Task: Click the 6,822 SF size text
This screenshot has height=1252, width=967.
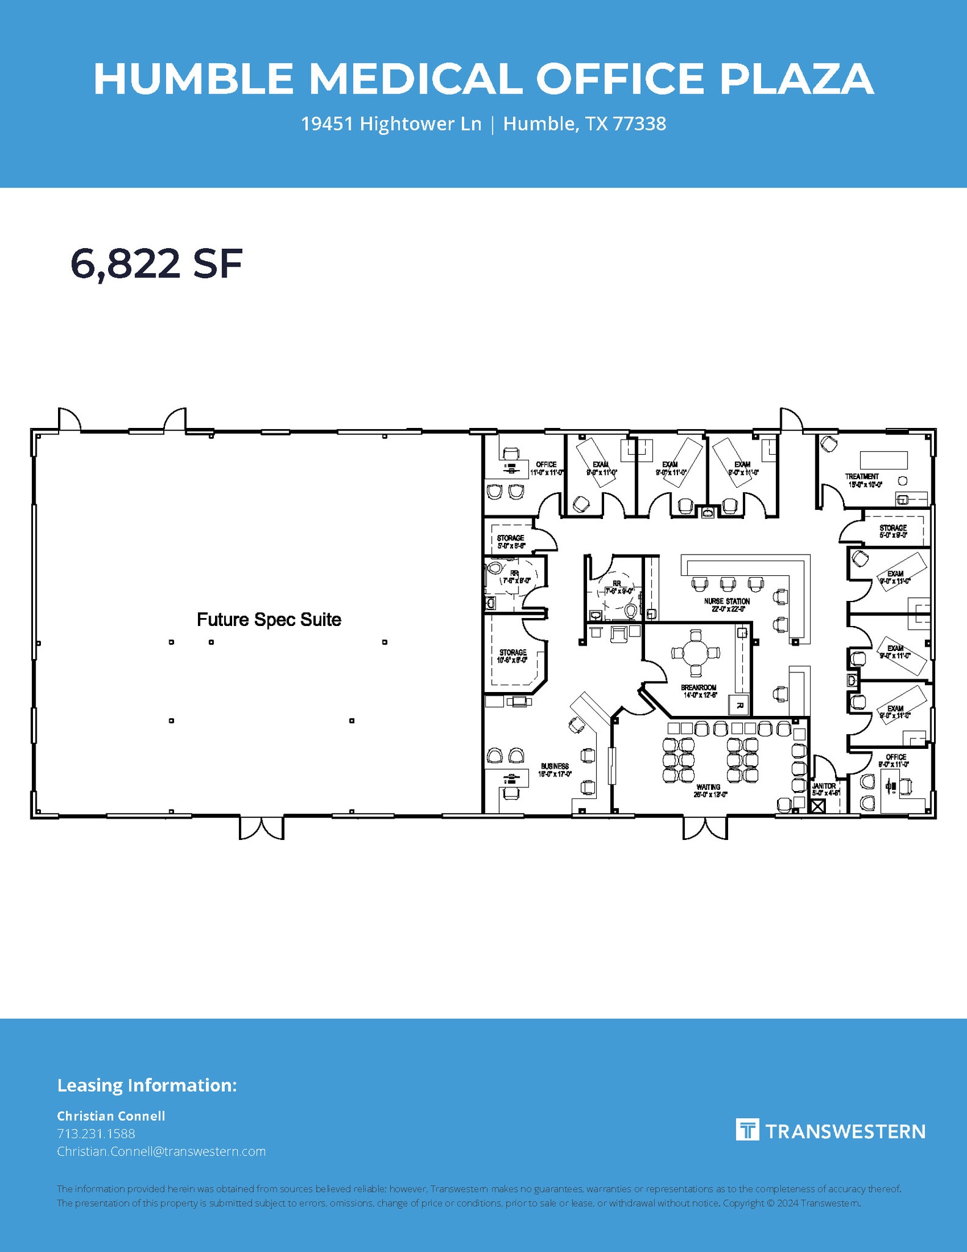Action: pyautogui.click(x=156, y=264)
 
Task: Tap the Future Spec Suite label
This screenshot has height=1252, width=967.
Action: pyautogui.click(x=269, y=619)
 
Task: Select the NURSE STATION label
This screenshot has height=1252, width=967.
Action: pyautogui.click(x=726, y=602)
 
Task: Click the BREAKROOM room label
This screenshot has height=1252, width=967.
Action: pyautogui.click(x=699, y=688)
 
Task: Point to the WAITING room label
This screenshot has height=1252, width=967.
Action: pyautogui.click(x=708, y=787)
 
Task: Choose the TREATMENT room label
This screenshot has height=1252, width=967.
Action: pyautogui.click(x=862, y=476)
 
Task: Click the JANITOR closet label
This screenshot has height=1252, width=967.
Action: pyautogui.click(x=824, y=786)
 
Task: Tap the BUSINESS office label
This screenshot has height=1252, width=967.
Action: pyautogui.click(x=555, y=766)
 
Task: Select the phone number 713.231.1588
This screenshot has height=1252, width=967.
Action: pyautogui.click(x=96, y=1133)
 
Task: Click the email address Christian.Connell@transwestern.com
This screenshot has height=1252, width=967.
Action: pyautogui.click(x=161, y=1151)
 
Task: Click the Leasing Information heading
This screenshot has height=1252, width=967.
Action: pyautogui.click(x=147, y=1085)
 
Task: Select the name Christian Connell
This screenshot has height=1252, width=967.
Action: pyautogui.click(x=111, y=1116)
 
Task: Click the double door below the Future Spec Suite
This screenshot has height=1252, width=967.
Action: pyautogui.click(x=261, y=828)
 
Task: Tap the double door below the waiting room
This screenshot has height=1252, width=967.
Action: pyautogui.click(x=705, y=828)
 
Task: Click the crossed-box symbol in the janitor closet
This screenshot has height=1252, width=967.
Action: pyautogui.click(x=817, y=806)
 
